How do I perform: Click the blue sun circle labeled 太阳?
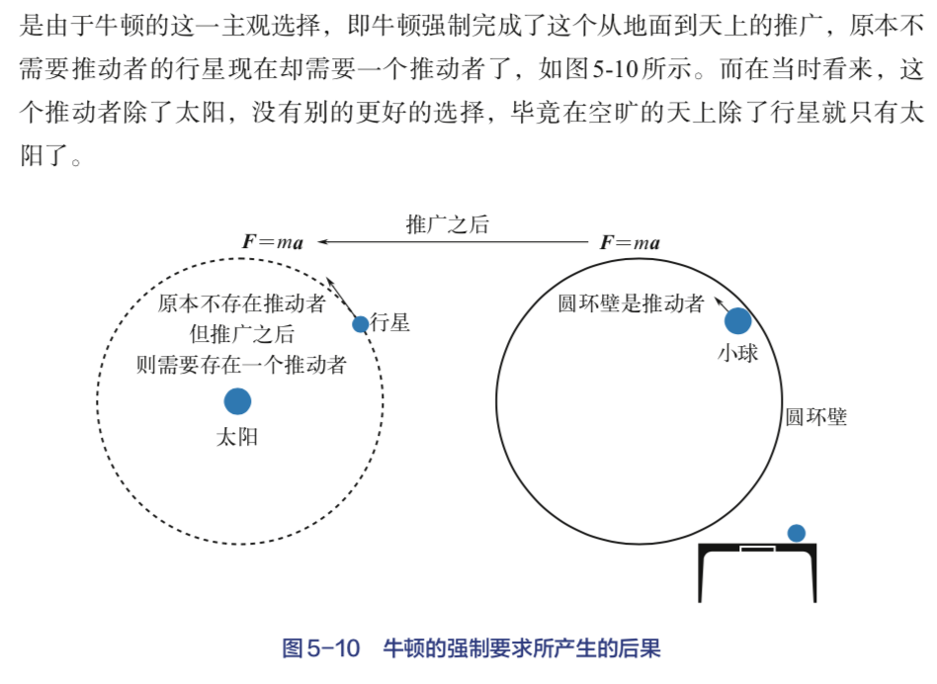[x=237, y=400]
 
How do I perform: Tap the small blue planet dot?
[x=361, y=324]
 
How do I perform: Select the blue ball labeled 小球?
[x=737, y=321]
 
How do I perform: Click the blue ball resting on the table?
[x=797, y=533]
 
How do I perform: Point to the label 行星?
[x=390, y=323]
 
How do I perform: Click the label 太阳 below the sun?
[x=237, y=436]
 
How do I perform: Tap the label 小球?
[x=738, y=353]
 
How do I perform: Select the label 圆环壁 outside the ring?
[x=816, y=417]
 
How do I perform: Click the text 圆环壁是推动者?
[x=632, y=303]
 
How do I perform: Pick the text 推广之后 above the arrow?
[x=448, y=223]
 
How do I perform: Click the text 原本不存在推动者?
[x=241, y=303]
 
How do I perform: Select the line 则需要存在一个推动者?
[x=241, y=365]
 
